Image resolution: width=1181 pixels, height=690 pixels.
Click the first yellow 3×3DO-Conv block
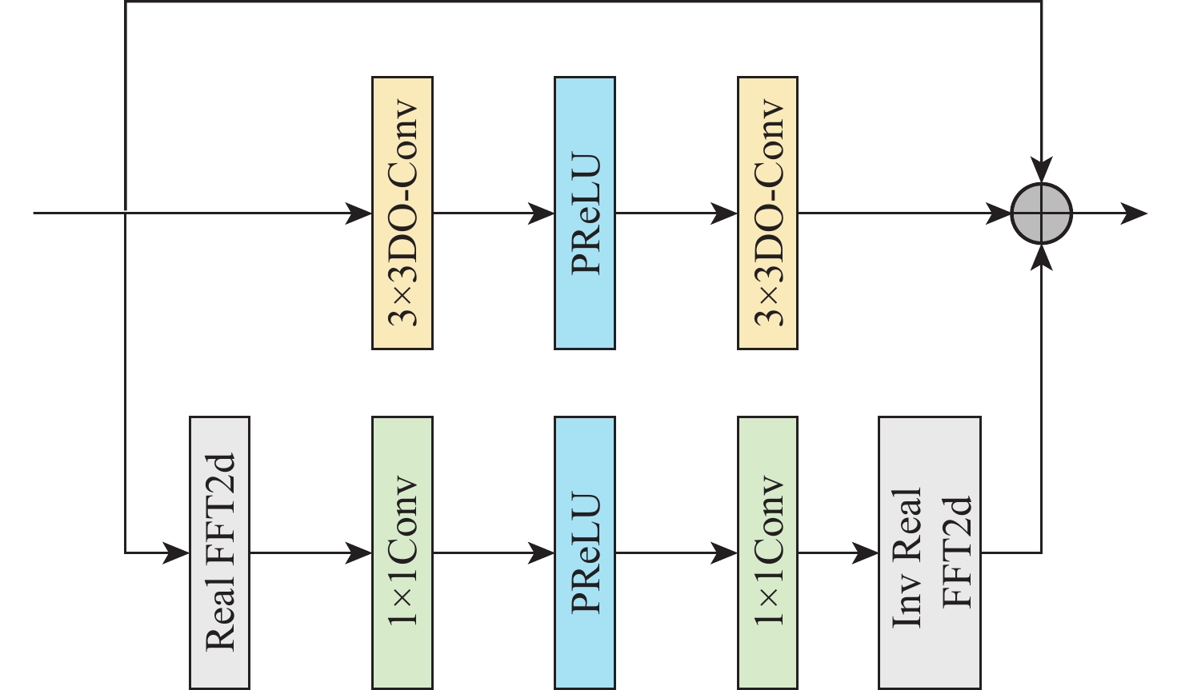point(402,213)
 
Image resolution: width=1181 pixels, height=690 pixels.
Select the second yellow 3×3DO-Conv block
point(767,213)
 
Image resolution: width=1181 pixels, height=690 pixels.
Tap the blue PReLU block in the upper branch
point(585,213)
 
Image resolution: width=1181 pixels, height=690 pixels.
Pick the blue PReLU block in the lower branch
point(585,552)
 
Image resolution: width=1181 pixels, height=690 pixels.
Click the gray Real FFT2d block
point(220,552)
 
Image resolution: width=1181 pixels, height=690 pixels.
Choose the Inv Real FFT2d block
point(930,552)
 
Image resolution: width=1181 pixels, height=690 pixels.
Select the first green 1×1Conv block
point(402,552)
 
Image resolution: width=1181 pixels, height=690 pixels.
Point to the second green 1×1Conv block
point(767,552)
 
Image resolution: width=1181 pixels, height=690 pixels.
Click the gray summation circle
point(1041,213)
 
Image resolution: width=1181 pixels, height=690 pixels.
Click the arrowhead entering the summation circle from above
point(1041,170)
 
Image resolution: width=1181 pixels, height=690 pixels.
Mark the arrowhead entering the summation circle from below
point(1041,257)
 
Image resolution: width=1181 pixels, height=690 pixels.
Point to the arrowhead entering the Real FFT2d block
point(177,552)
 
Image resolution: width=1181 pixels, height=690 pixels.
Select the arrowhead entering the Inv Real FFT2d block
point(866,552)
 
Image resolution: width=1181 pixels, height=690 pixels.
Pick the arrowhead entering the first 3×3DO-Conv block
point(359,213)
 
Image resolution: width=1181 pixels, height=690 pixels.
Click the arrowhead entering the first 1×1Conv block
point(359,552)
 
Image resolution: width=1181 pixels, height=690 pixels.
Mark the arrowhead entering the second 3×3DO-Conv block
point(725,213)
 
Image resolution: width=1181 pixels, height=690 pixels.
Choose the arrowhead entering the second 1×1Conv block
point(725,552)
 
